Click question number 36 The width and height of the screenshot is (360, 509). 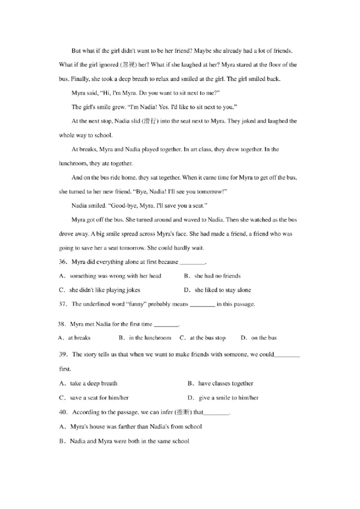coord(63,262)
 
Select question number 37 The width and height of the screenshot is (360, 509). coord(63,304)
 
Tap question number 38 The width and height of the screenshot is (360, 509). coord(62,324)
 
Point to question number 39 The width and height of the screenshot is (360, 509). coord(63,354)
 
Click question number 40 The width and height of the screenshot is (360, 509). coord(63,412)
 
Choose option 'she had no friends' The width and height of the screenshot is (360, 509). coord(217,276)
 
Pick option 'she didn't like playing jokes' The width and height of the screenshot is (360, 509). coord(105,290)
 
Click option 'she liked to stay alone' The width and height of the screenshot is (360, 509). coord(223,290)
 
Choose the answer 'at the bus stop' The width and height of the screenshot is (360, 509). coord(207,338)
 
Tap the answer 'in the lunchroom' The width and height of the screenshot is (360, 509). coord(150,338)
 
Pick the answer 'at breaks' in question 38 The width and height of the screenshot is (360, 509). coord(79,338)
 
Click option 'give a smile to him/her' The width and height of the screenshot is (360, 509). coord(229,397)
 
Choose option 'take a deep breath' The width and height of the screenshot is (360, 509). coord(94,384)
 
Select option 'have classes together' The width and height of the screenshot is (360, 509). coord(225,384)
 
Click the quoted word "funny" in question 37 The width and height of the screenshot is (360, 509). coord(135,304)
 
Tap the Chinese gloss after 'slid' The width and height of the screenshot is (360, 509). coord(149,121)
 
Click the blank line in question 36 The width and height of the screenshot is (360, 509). coord(192,262)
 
